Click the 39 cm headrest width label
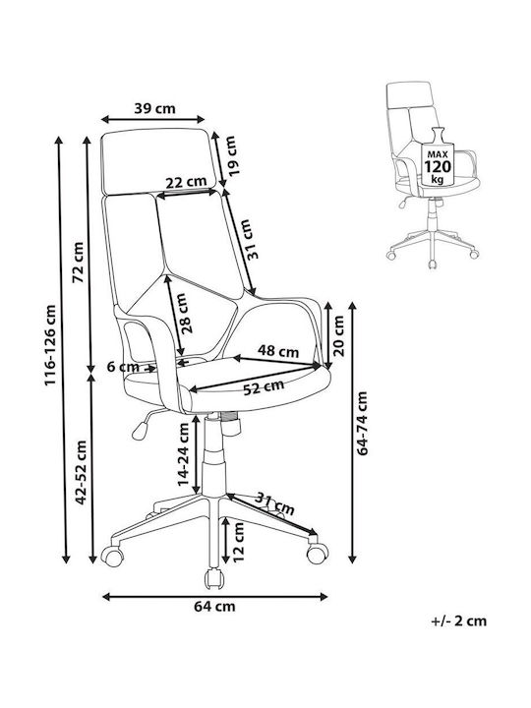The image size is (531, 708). (154, 108)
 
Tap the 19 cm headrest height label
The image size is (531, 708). (230, 155)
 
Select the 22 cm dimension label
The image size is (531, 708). (186, 183)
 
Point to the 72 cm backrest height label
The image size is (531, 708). (79, 263)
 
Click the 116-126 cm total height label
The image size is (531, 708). (50, 345)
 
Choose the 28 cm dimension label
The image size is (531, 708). (185, 314)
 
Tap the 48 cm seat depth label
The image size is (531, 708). (278, 351)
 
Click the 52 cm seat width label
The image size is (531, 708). (264, 387)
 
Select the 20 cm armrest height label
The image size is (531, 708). (338, 336)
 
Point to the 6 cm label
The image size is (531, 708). (123, 367)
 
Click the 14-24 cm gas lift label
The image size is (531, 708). (183, 454)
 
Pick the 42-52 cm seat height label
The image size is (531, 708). (82, 473)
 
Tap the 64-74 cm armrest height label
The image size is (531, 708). (362, 423)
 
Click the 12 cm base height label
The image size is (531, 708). (238, 542)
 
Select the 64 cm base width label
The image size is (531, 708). (215, 606)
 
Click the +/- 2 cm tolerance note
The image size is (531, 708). (459, 620)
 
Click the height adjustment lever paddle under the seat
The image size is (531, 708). (141, 430)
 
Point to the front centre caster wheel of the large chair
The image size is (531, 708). (214, 578)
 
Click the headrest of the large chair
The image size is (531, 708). (156, 161)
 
